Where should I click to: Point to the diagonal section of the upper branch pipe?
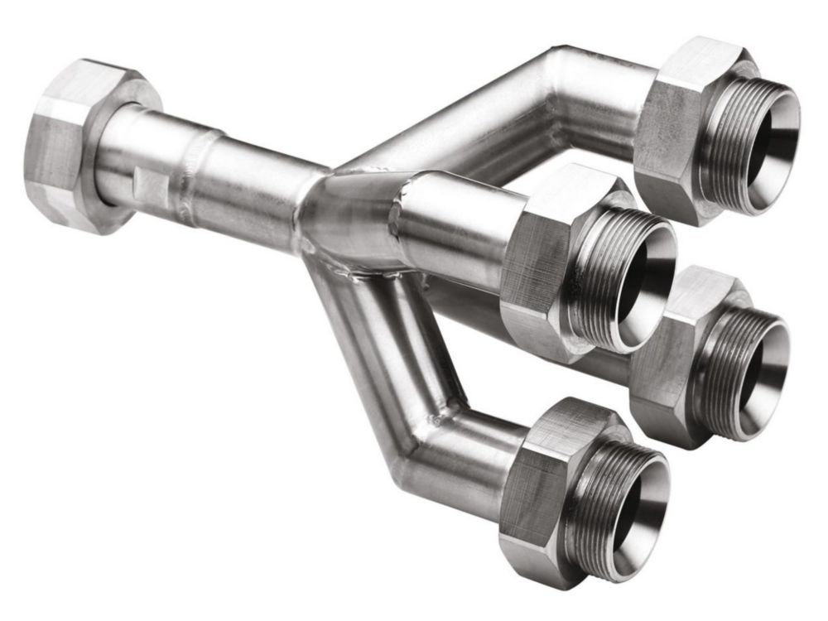tap(447, 124)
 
